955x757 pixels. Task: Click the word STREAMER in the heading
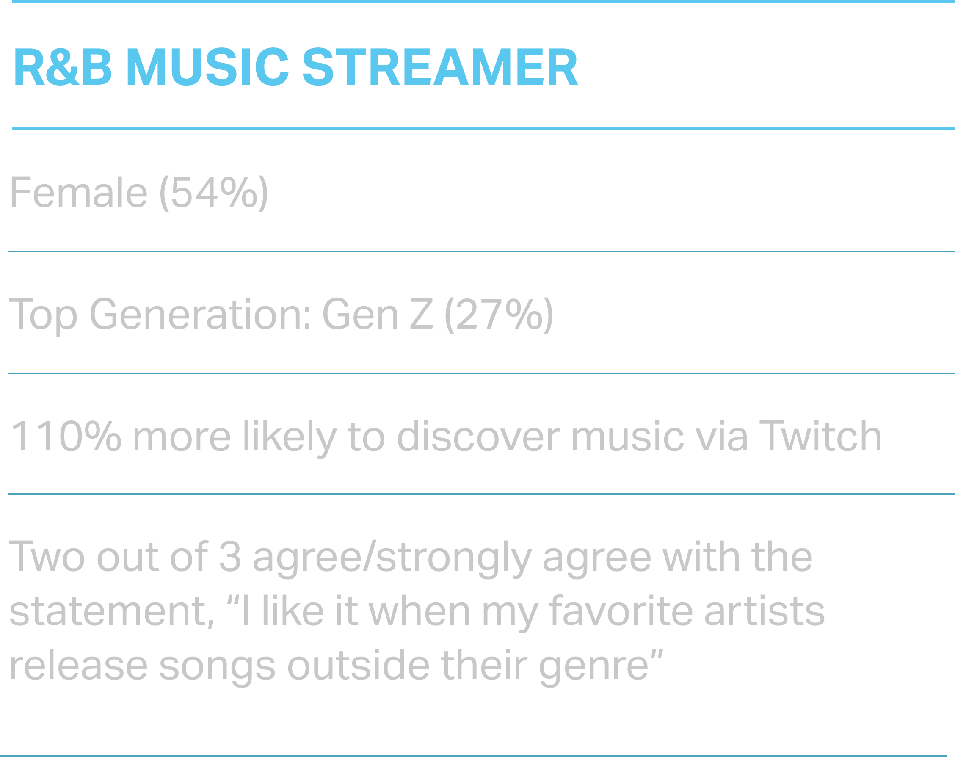(x=440, y=66)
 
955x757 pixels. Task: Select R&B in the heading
(x=63, y=66)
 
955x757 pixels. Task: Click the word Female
(x=78, y=192)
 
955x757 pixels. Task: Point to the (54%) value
(x=214, y=193)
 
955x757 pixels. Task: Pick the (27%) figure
(x=499, y=315)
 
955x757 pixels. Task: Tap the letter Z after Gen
(x=422, y=314)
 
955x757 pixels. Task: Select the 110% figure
(x=66, y=437)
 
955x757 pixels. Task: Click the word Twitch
(x=820, y=437)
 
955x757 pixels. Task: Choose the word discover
(x=478, y=437)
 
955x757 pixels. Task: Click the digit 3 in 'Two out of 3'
(x=230, y=556)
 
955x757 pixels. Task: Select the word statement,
(x=112, y=612)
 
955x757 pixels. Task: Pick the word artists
(x=765, y=611)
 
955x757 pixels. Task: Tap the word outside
(x=359, y=665)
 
